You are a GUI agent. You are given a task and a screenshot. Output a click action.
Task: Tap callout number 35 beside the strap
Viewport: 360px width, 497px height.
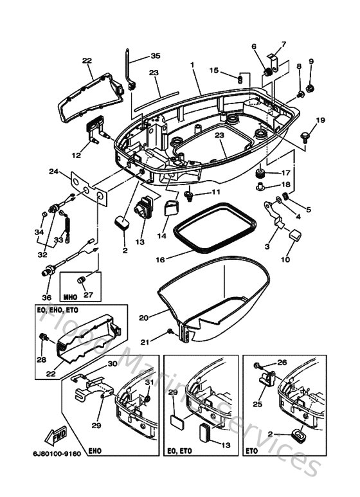pos(156,56)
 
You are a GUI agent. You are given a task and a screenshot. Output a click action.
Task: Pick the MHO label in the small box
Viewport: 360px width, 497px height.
pos(71,298)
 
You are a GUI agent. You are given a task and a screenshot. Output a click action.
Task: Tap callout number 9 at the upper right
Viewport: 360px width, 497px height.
pos(311,62)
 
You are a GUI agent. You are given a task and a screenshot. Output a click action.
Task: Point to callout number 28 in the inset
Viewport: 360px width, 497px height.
pos(42,360)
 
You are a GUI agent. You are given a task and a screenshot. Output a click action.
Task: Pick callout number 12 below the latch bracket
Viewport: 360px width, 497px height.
pos(76,155)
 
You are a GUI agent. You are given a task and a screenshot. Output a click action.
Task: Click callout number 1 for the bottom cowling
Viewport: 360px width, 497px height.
pos(191,66)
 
